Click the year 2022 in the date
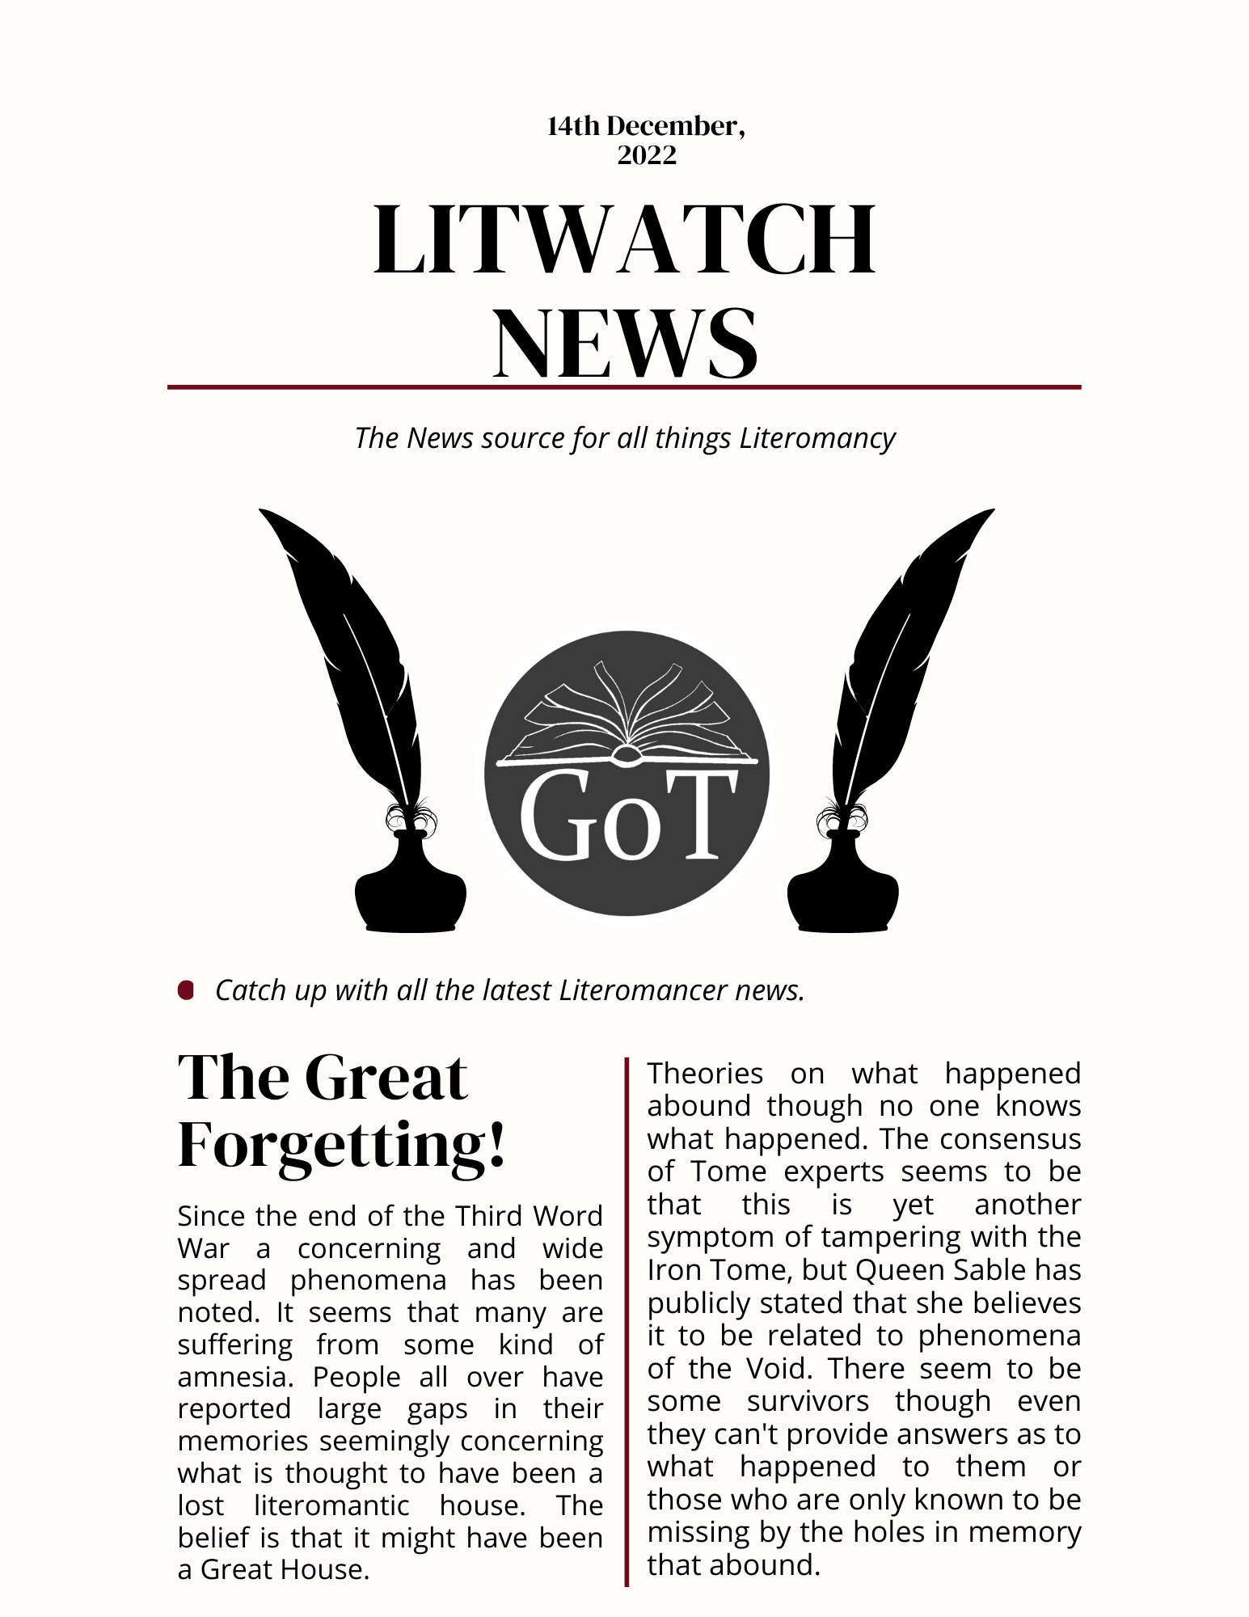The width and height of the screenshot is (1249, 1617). point(646,154)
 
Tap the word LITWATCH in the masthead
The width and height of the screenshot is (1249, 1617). point(624,240)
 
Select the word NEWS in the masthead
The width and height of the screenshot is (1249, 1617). point(625,343)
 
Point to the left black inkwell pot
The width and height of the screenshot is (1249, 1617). point(411,889)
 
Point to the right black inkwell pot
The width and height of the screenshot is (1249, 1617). point(842,889)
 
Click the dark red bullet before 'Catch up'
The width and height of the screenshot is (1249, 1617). point(186,990)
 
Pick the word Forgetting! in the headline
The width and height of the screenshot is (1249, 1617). point(341,1146)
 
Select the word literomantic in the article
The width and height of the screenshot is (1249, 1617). point(331,1505)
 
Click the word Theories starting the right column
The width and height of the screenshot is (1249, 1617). point(705,1074)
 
